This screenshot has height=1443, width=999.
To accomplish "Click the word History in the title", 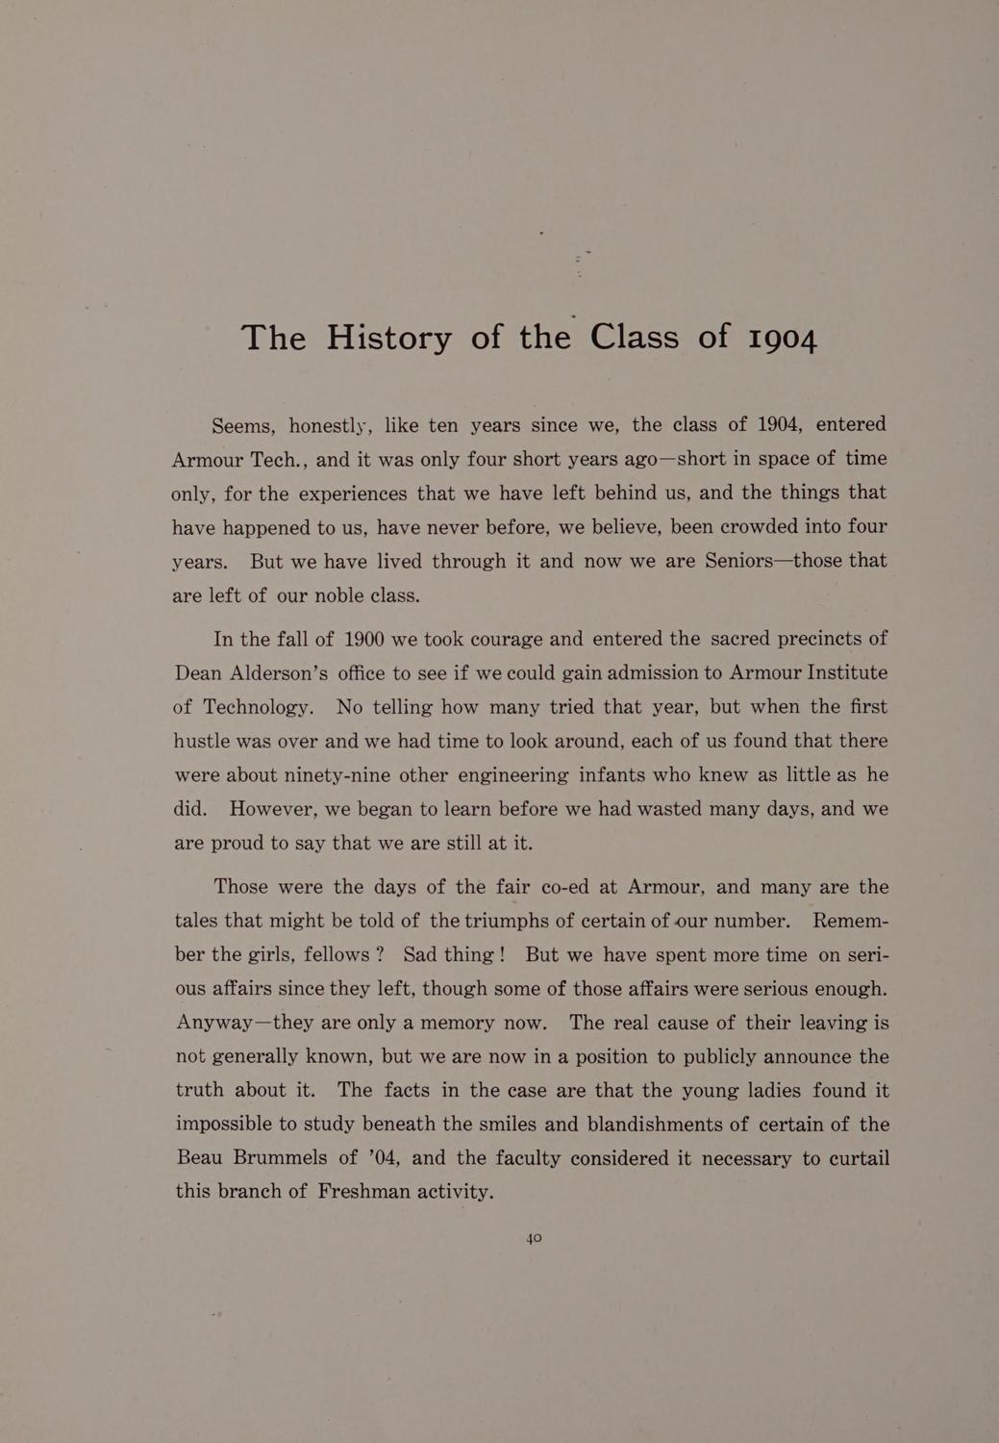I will [388, 337].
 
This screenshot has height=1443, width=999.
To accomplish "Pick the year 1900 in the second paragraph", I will [363, 639].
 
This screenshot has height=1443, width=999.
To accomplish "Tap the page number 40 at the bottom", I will [535, 1238].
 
